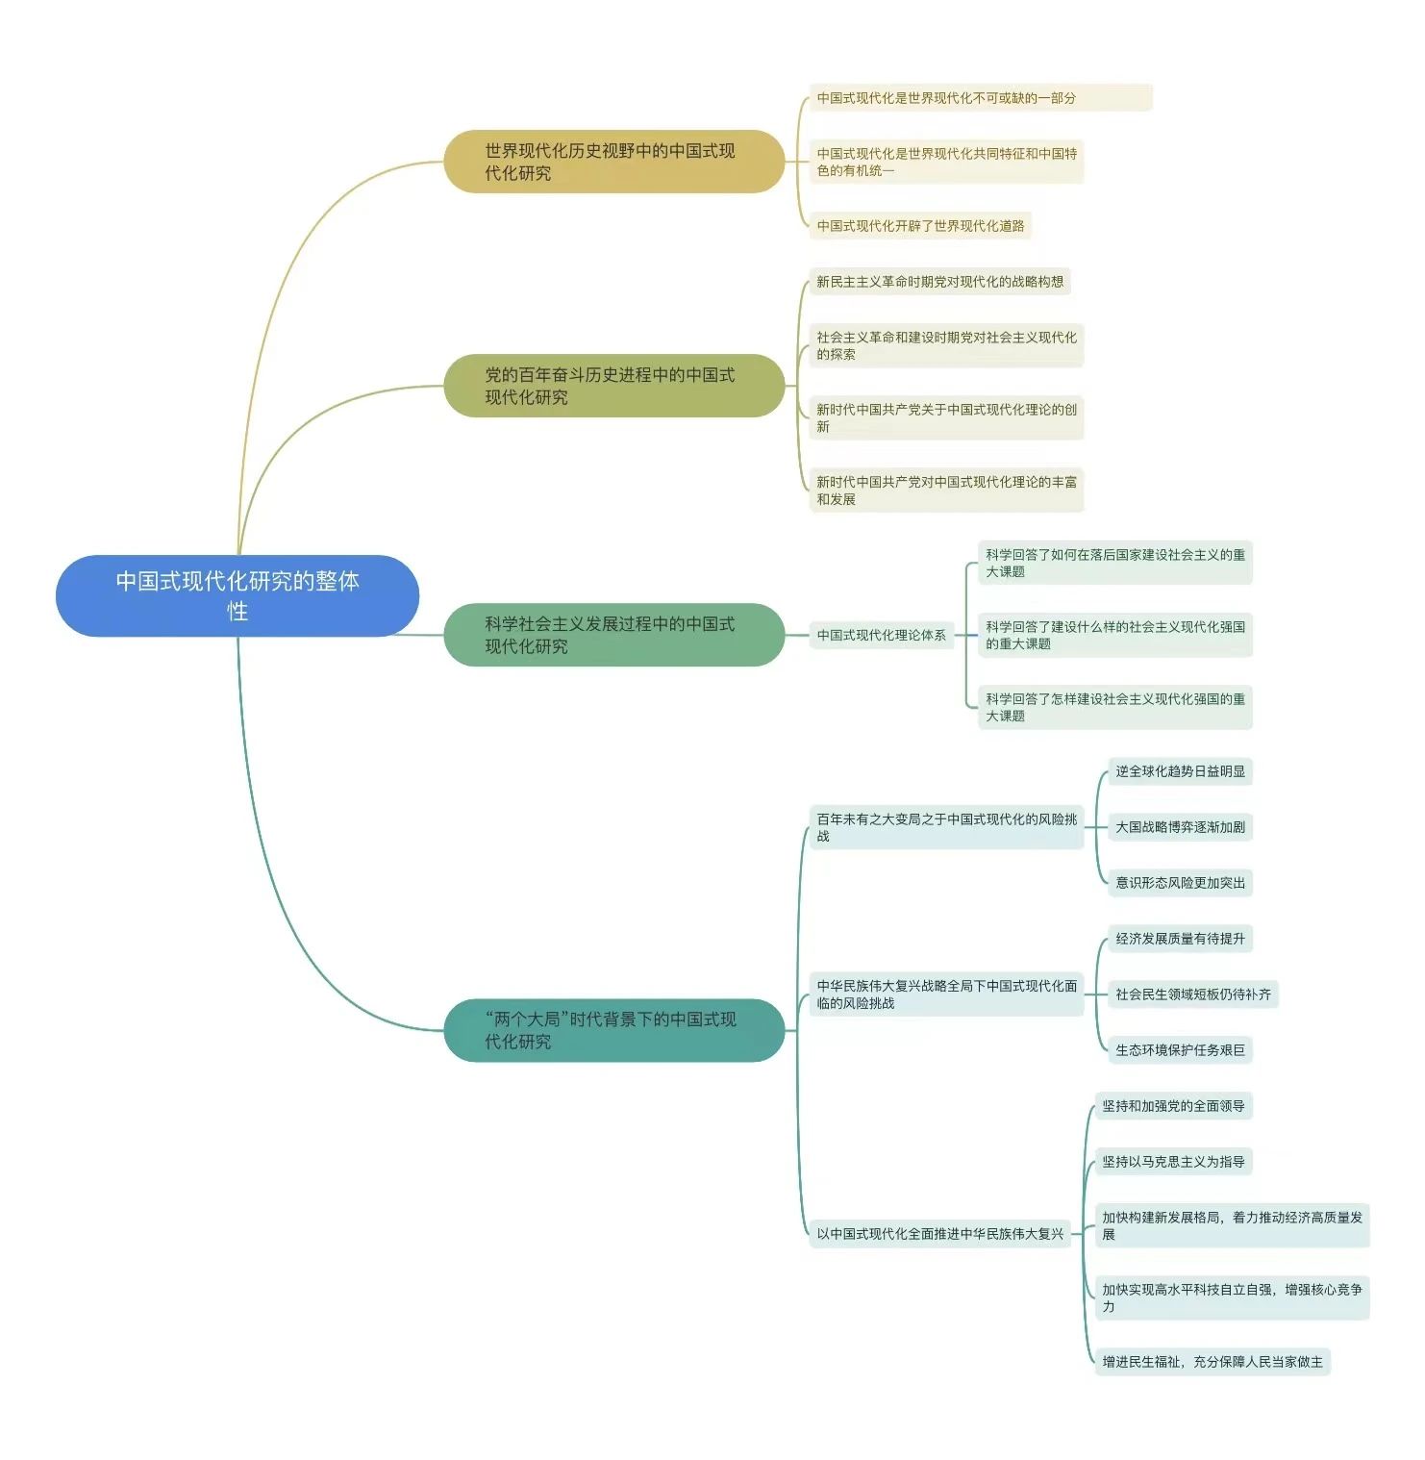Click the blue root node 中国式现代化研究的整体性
click(x=237, y=595)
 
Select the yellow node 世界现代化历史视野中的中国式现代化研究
click(x=613, y=162)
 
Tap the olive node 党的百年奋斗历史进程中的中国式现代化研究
click(x=613, y=386)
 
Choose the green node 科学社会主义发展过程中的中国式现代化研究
click(x=613, y=635)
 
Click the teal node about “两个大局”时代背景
click(x=613, y=1030)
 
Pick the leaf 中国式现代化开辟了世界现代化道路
click(x=920, y=226)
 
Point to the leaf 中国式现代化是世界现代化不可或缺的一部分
click(x=979, y=98)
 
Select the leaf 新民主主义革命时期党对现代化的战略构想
click(x=939, y=282)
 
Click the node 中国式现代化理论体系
click(x=881, y=635)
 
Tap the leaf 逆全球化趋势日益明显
click(x=1180, y=771)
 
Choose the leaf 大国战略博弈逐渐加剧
click(x=1180, y=827)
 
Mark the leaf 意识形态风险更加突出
click(x=1180, y=883)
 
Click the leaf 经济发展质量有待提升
click(x=1180, y=939)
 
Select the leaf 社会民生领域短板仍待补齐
click(x=1192, y=994)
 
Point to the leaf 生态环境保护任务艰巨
click(x=1180, y=1050)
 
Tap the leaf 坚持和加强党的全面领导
click(x=1173, y=1106)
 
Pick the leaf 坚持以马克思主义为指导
click(x=1173, y=1162)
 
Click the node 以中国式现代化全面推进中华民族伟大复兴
click(x=939, y=1234)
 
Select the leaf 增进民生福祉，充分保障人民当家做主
click(x=1212, y=1362)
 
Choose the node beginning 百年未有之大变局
click(x=946, y=827)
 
